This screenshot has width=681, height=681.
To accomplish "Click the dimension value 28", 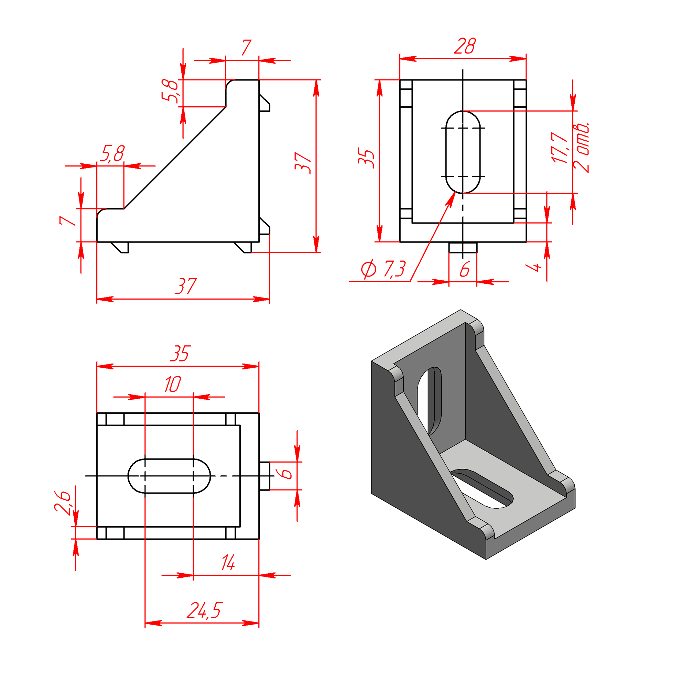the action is (x=465, y=46).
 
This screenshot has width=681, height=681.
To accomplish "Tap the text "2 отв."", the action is (x=581, y=147).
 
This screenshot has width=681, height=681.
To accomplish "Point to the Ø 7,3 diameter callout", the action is (x=383, y=269).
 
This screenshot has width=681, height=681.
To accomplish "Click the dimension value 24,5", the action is (x=204, y=610).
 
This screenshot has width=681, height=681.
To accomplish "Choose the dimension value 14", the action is (x=228, y=563).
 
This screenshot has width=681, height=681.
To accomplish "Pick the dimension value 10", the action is (x=173, y=384).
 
